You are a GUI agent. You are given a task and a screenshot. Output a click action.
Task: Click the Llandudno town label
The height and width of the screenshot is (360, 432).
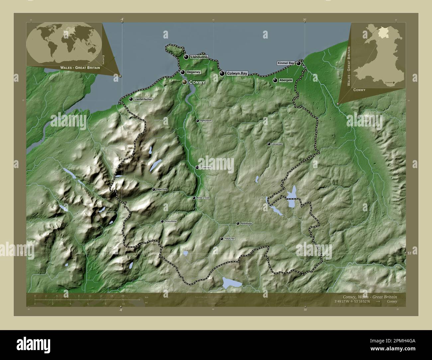[199, 57]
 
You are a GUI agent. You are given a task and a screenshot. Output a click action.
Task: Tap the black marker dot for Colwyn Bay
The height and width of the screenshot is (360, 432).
[222, 73]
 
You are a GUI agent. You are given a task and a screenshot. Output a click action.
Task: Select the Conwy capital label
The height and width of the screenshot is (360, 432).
[196, 82]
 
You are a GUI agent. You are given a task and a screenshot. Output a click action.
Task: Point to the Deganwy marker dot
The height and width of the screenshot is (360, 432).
[183, 72]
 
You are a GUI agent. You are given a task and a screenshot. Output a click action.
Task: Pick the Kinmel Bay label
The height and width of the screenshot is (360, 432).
[286, 63]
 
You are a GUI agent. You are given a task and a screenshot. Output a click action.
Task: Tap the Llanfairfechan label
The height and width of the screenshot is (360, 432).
[143, 99]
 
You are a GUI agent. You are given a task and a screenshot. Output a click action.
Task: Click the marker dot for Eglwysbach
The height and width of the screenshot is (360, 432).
[198, 121]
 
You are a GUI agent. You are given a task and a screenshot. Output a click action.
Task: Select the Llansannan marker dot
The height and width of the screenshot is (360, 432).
[269, 144]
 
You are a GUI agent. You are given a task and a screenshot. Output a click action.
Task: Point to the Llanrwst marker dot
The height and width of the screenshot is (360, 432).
[197, 168]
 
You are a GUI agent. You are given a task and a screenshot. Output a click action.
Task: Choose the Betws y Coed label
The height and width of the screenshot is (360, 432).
[203, 198]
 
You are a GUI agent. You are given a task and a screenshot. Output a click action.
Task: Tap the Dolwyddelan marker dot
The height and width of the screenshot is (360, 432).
[162, 221]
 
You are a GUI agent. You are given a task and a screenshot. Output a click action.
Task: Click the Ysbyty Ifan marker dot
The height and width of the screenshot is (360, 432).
[222, 239]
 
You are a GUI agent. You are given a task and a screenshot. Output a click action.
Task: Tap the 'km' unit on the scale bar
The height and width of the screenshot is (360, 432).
[146, 298]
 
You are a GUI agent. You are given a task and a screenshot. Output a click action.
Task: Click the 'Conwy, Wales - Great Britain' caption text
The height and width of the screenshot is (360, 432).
[369, 296]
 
